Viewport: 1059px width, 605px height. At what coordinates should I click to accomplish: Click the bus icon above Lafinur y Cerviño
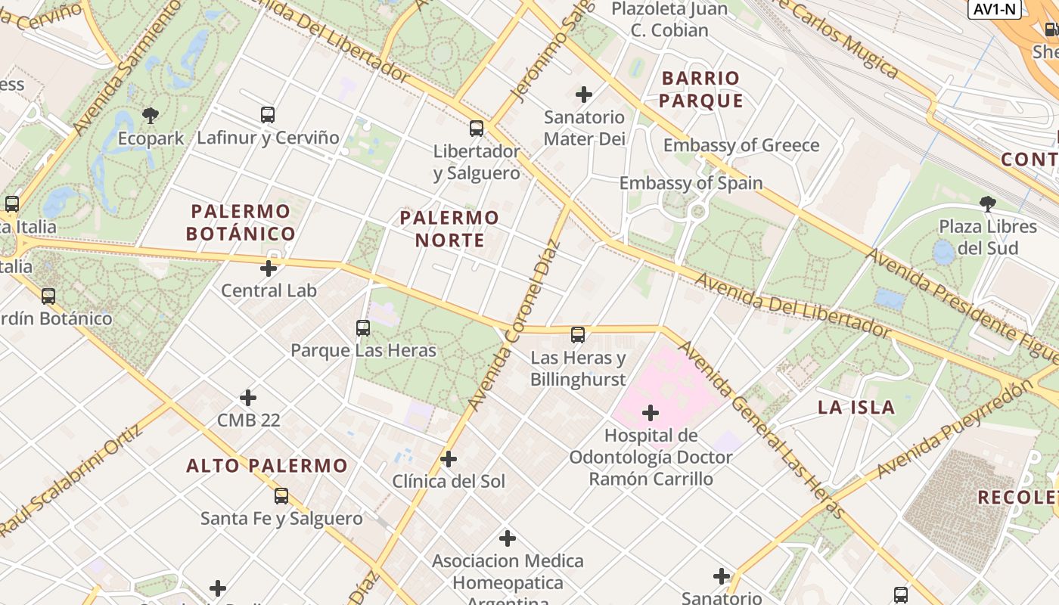[268, 115]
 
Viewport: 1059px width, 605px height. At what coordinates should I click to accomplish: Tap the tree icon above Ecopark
[151, 116]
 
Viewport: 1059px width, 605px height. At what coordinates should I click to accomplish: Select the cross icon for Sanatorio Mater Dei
[584, 95]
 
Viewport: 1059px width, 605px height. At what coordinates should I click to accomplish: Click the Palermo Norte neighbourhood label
[449, 229]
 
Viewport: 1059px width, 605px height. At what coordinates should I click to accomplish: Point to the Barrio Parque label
[700, 89]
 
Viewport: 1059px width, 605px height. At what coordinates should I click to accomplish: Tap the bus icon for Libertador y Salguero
[477, 129]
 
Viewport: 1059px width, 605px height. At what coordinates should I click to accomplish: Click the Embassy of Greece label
[741, 145]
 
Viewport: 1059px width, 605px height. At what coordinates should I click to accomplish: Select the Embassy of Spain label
[691, 183]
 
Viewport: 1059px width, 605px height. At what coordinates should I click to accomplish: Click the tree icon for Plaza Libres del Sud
[987, 203]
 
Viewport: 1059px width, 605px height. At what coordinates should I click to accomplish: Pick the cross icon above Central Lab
[269, 268]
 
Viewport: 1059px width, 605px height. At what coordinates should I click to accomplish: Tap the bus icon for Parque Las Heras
[363, 328]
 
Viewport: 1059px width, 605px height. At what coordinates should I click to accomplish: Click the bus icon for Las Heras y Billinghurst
[578, 334]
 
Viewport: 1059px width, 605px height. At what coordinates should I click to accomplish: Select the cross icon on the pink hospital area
[651, 413]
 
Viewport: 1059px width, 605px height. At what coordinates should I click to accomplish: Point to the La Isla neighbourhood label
[856, 408]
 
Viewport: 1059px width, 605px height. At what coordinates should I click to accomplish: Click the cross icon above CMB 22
[248, 398]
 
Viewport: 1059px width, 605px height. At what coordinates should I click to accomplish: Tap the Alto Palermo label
[267, 466]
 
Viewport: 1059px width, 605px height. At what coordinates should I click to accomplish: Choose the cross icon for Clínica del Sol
[449, 459]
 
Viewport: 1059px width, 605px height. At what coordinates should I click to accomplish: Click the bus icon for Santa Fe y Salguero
[281, 496]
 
